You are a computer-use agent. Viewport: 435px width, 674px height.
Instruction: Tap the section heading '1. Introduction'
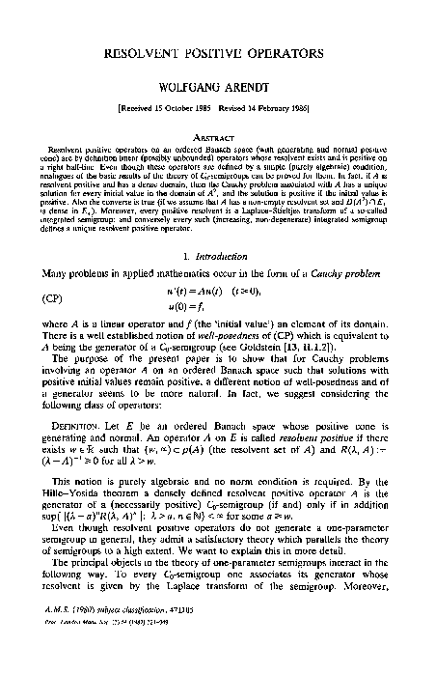[218, 255]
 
